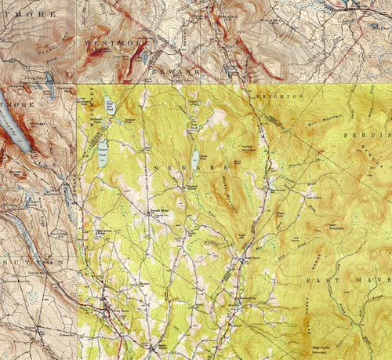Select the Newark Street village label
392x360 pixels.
158,211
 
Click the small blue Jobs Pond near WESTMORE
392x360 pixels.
147,57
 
